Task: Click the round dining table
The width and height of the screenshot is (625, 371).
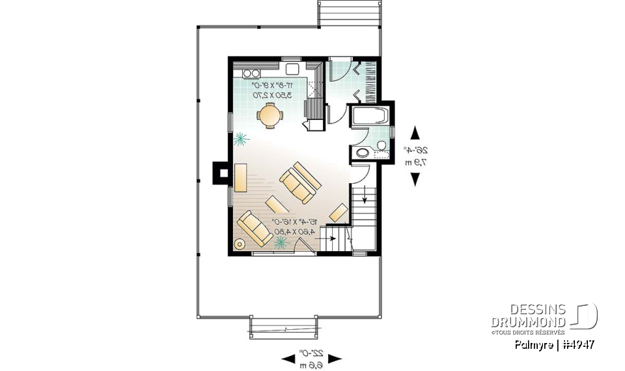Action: point(269,115)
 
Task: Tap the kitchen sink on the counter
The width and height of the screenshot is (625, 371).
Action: point(292,68)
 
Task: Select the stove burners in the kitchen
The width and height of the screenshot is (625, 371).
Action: point(251,73)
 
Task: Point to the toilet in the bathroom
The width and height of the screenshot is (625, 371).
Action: point(362,154)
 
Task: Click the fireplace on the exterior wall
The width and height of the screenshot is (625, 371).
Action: point(221,173)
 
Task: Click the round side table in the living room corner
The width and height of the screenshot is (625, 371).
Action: point(239,245)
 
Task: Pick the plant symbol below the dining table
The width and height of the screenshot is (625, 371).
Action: point(241,139)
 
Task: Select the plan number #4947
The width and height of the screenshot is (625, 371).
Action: point(577,344)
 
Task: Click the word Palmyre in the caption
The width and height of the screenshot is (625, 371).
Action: point(535,344)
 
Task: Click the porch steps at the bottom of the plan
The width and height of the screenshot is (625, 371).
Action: point(284,325)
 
